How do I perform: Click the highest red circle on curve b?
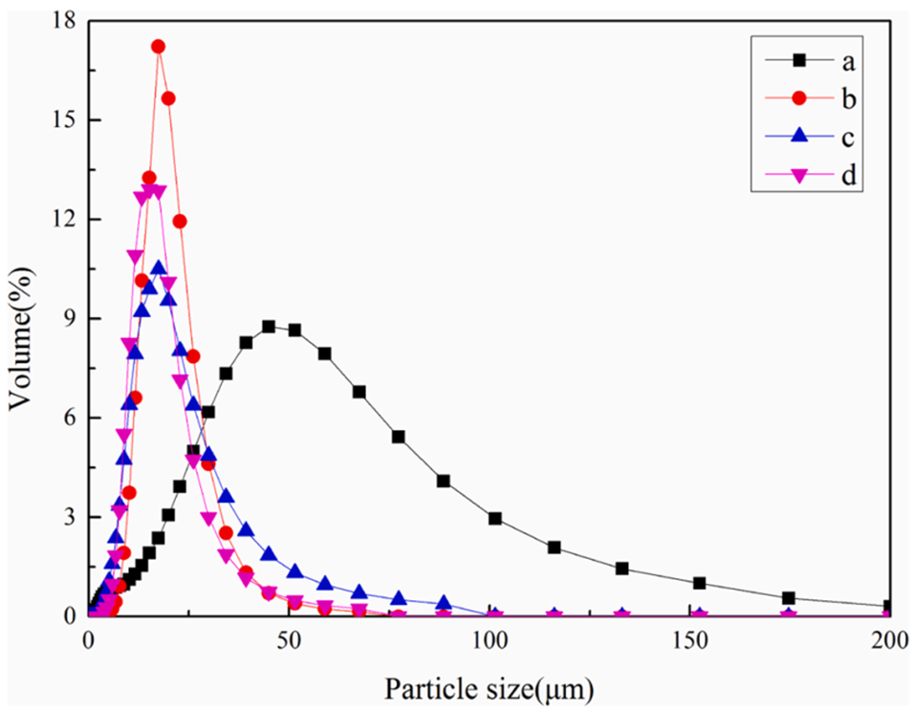[x=159, y=46]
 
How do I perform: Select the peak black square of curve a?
[x=269, y=326]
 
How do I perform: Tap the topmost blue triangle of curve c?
[x=159, y=268]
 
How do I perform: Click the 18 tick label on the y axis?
[x=64, y=21]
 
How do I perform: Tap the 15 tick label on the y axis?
[x=64, y=120]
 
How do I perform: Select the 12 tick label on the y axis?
[x=64, y=220]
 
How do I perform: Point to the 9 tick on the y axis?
[x=70, y=319]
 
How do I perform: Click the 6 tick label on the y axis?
[x=70, y=418]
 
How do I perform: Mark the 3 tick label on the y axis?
[x=70, y=518]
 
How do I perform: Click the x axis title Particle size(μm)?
[x=489, y=686]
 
